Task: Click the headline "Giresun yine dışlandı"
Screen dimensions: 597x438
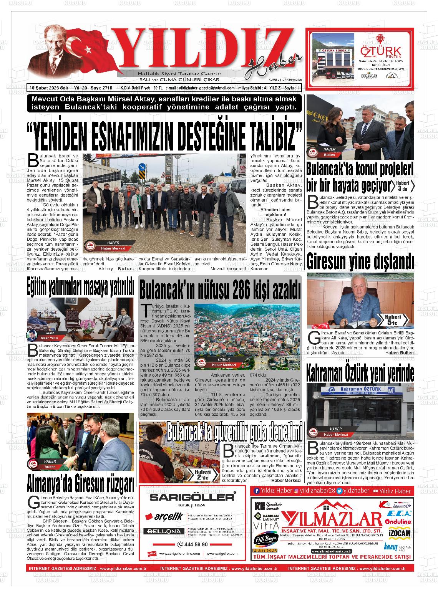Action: click(360, 262)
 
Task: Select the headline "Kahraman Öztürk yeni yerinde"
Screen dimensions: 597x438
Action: click(360, 372)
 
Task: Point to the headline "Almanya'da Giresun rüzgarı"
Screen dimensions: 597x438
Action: click(80, 484)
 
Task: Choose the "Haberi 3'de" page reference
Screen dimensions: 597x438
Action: click(402, 185)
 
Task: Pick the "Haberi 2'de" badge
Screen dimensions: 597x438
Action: click(202, 475)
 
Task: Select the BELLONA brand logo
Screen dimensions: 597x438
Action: click(163, 531)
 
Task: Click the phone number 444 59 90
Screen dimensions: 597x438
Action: click(193, 544)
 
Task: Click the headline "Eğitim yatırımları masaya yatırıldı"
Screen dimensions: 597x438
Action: click(80, 288)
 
